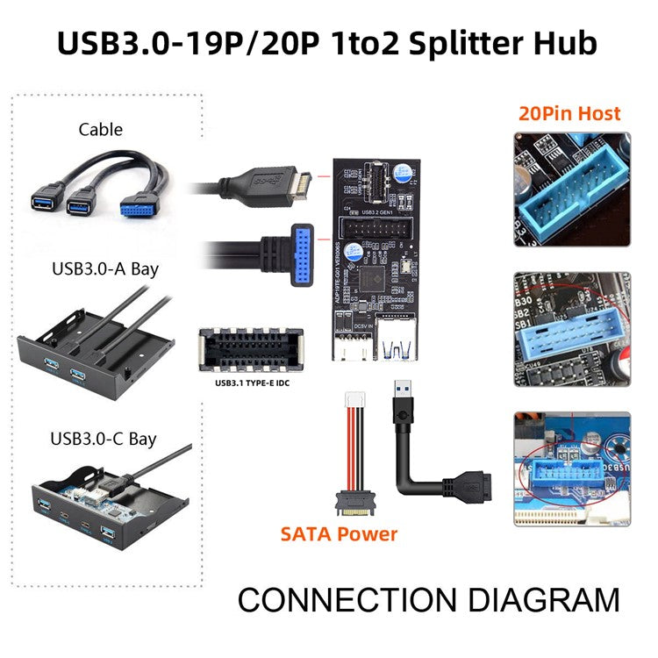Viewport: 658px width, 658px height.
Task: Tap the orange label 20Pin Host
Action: tap(569, 112)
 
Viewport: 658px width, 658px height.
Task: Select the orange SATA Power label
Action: tap(339, 533)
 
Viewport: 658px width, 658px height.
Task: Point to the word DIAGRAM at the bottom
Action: tap(542, 600)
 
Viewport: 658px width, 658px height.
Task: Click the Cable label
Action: tap(100, 130)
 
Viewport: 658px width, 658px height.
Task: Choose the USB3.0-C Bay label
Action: tap(104, 436)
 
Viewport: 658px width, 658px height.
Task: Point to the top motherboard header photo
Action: tap(571, 189)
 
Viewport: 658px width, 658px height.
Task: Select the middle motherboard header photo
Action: tap(571, 330)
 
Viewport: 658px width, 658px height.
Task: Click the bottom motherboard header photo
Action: tap(571, 470)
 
